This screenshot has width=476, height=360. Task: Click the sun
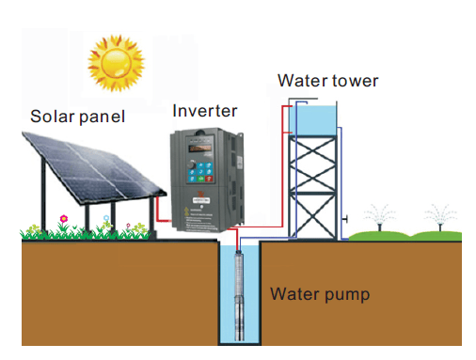[x=116, y=63]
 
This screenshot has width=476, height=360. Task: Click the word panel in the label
[x=102, y=117]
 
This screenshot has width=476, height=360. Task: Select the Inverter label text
[x=205, y=111]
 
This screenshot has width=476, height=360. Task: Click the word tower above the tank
[x=356, y=81]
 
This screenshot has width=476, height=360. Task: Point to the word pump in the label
[x=347, y=295]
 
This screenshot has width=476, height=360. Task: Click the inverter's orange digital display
[x=199, y=148]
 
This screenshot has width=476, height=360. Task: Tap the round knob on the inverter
[x=192, y=164]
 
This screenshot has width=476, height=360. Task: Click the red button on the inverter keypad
[x=209, y=179]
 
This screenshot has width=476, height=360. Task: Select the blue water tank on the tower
[x=312, y=120]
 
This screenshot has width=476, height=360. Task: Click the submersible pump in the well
[x=239, y=296]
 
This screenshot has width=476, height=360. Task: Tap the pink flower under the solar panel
[x=64, y=218]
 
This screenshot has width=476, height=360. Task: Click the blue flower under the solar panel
[x=106, y=217]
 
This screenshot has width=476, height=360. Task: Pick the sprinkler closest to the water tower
[x=379, y=218]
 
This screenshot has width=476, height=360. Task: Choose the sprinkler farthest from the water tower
[x=440, y=218]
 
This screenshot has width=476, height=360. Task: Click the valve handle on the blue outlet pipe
[x=344, y=219]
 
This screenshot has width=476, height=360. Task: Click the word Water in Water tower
[x=303, y=81]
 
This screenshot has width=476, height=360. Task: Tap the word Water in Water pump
[x=295, y=293]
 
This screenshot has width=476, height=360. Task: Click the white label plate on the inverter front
[x=201, y=200]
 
